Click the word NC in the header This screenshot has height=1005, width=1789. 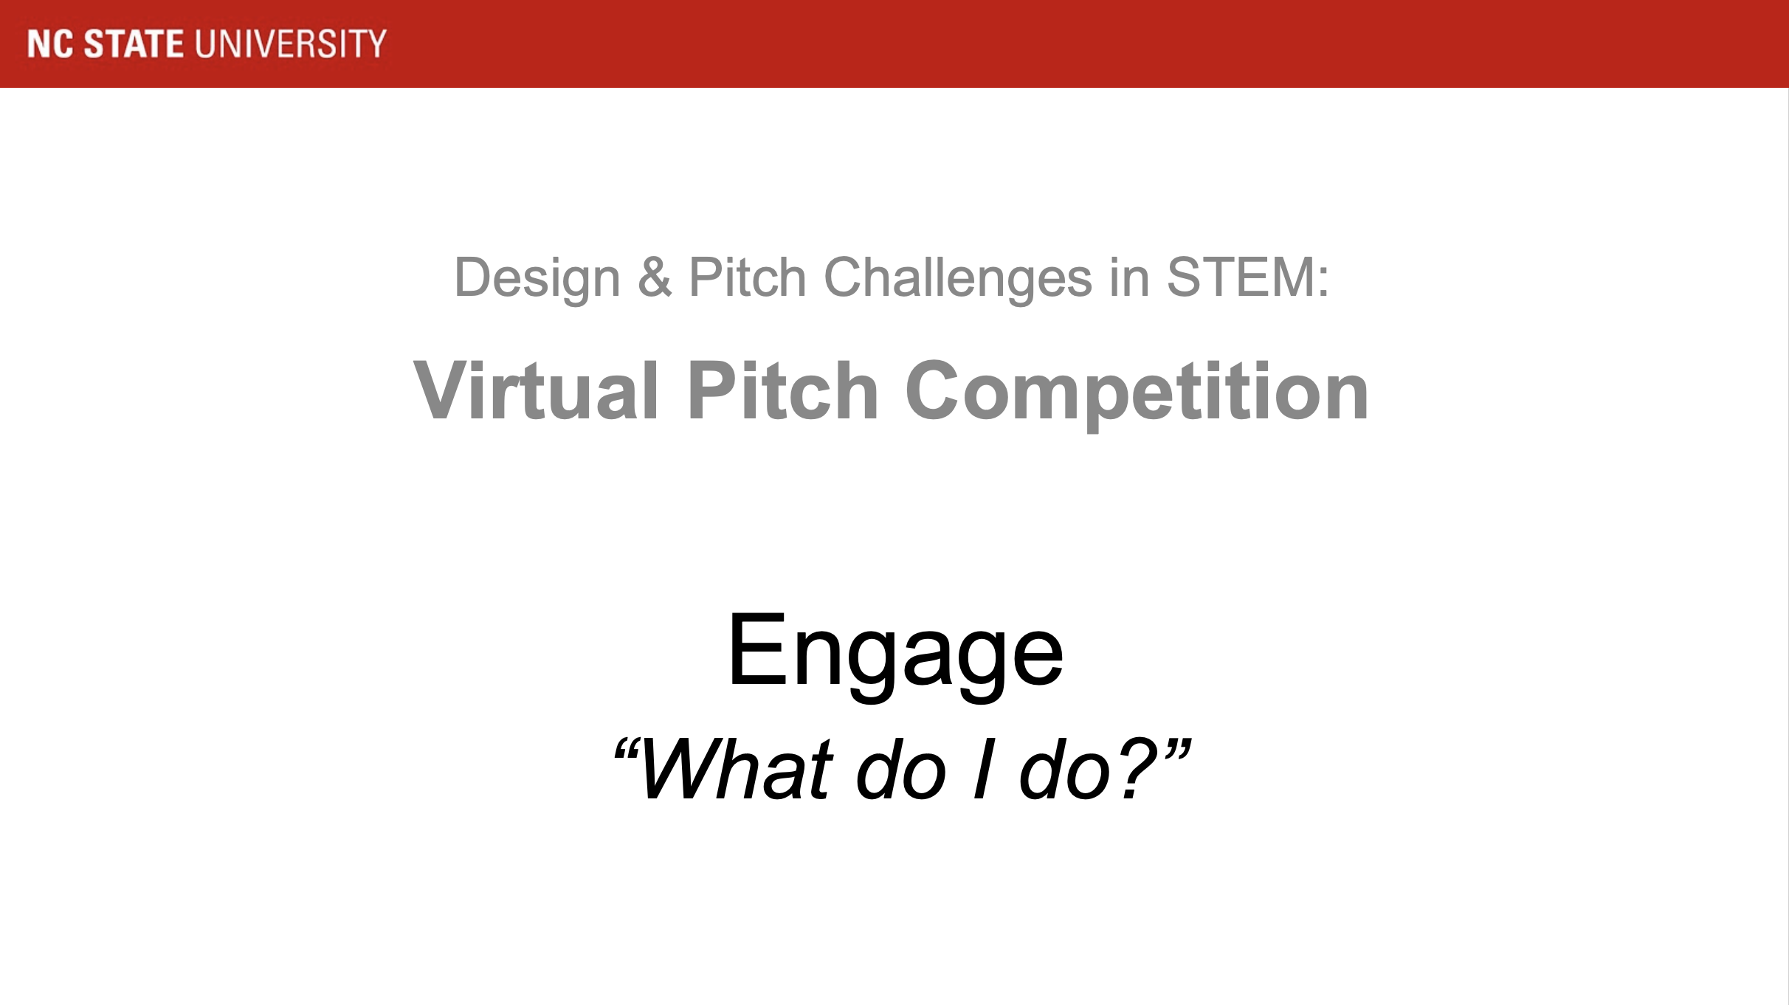[x=50, y=44]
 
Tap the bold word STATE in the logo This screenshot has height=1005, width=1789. [x=134, y=44]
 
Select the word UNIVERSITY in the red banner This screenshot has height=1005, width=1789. [x=291, y=44]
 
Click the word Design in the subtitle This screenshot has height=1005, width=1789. [x=537, y=279]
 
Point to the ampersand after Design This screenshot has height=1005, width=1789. [x=655, y=277]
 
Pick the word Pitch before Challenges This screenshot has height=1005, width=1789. [x=747, y=277]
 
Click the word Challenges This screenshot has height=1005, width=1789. [x=957, y=279]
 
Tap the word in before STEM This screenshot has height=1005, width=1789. [x=1129, y=277]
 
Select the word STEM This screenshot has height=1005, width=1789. [x=1238, y=277]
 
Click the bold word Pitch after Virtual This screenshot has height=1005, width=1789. [x=782, y=390]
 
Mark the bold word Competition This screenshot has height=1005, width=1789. [x=1137, y=395]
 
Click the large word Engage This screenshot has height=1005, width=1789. [x=894, y=656]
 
